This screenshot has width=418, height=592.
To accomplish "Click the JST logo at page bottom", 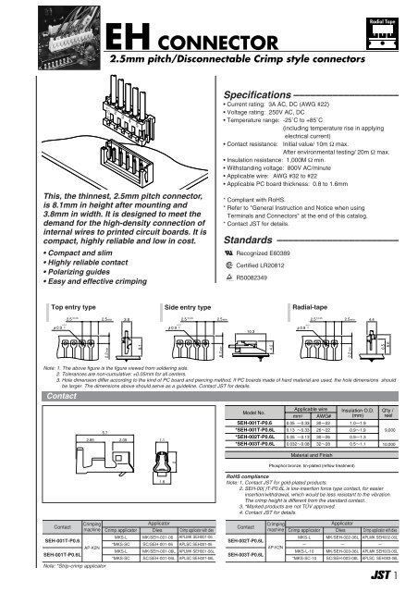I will (385, 578).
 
